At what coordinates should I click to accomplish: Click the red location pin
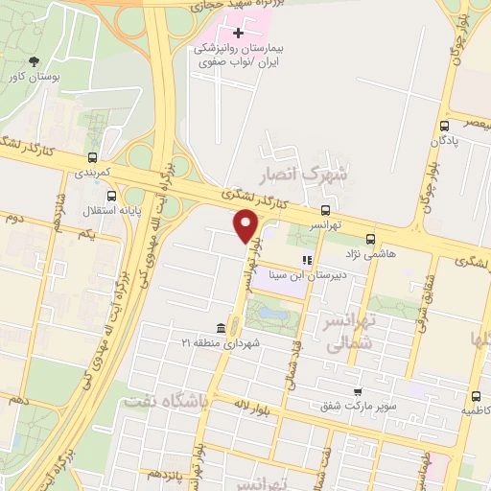(x=245, y=226)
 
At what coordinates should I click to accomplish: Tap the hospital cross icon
(x=239, y=34)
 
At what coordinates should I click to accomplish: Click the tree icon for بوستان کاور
(x=34, y=60)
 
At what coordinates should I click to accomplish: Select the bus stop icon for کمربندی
(x=92, y=158)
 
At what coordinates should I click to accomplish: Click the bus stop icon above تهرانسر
(x=326, y=210)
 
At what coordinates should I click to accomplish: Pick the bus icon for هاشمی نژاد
(x=370, y=240)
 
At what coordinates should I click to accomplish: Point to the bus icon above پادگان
(x=444, y=126)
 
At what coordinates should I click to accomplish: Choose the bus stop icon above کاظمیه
(x=476, y=396)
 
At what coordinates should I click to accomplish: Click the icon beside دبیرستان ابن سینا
(x=307, y=259)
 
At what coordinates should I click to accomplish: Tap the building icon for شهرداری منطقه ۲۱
(x=222, y=328)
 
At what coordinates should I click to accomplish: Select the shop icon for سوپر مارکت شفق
(x=358, y=391)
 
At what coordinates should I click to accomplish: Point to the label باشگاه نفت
(x=165, y=401)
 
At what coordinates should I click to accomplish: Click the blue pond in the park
(x=269, y=312)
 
